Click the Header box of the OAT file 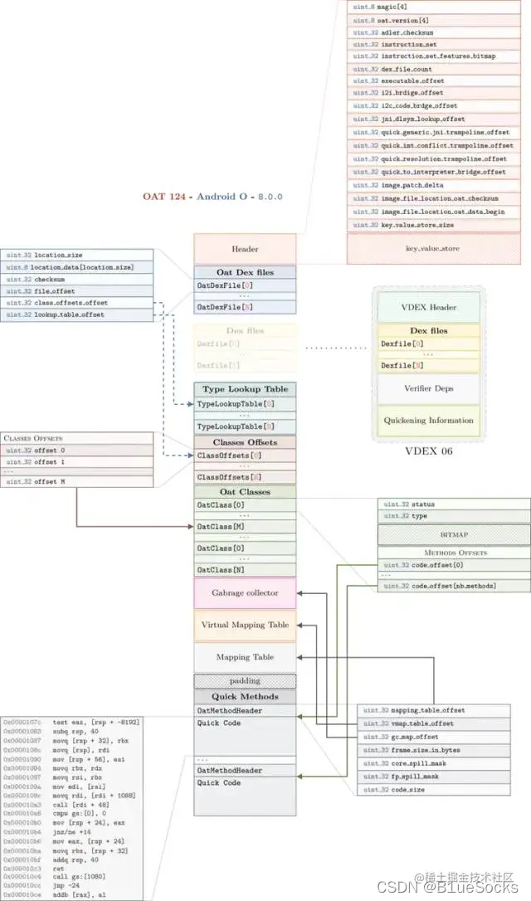[245, 249]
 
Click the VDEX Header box [428, 307]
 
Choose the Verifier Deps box [428, 388]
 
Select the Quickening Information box [428, 421]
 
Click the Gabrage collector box [245, 593]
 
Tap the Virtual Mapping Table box [245, 625]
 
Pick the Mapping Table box [245, 657]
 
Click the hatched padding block [245, 681]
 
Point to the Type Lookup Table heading [245, 389]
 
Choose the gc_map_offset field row [432, 737]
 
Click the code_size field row [432, 790]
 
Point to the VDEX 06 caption [428, 452]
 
